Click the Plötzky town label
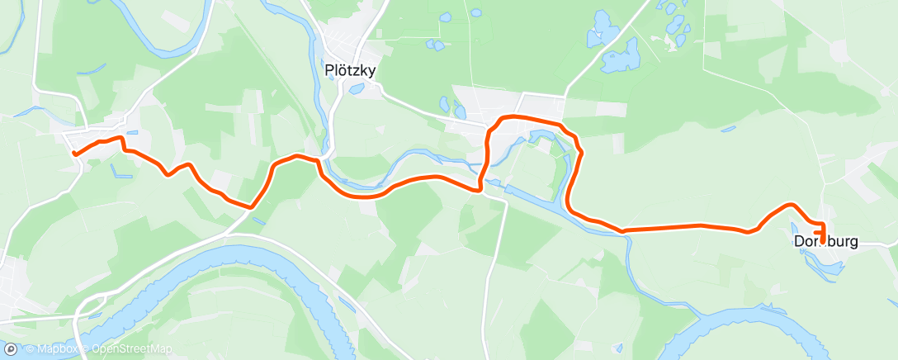(351, 71)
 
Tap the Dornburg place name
(826, 242)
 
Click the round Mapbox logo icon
(11, 349)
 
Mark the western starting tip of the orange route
(75, 153)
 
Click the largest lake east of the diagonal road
(619, 59)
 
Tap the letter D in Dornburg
(799, 242)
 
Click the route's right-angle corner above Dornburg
(823, 224)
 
